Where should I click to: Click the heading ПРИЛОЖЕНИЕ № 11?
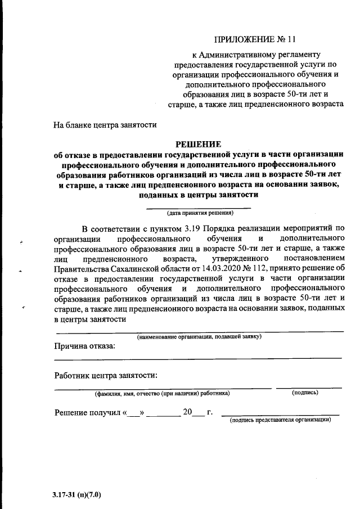(254, 39)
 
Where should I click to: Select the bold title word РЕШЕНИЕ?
(197, 143)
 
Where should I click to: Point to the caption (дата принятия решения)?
(199, 213)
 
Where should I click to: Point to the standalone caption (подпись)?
(305, 393)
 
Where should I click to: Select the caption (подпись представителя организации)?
(281, 420)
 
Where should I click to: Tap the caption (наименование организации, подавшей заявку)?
(199, 336)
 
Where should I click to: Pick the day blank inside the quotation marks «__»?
(134, 412)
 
